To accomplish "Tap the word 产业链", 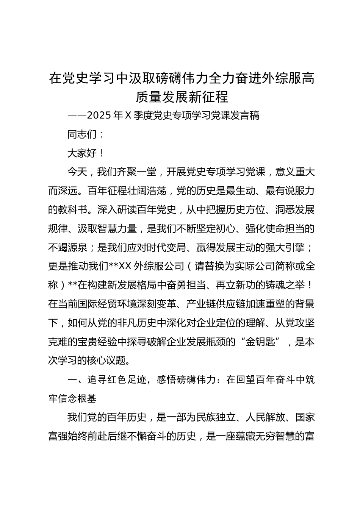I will (201, 304).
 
